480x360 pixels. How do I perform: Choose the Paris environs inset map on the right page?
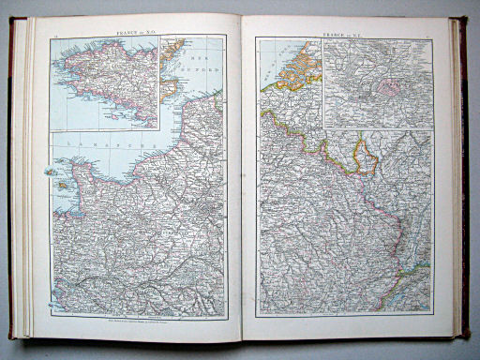(378, 83)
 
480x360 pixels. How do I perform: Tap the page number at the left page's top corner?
(56, 35)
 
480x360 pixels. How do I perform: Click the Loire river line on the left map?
(122, 281)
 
